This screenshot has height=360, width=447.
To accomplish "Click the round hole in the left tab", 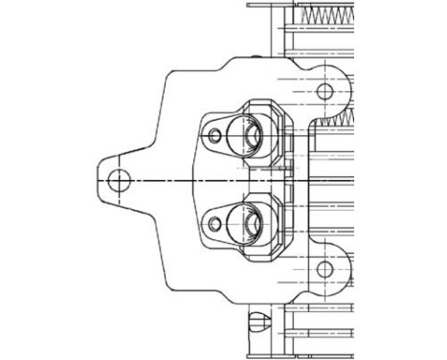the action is point(119,180).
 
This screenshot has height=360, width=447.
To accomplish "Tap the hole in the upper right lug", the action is point(324,92).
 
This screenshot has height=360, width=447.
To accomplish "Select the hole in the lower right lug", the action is point(324,269).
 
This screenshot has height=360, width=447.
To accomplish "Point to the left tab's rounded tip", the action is point(100,180).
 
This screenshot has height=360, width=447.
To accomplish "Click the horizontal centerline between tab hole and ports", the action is point(163,180).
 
